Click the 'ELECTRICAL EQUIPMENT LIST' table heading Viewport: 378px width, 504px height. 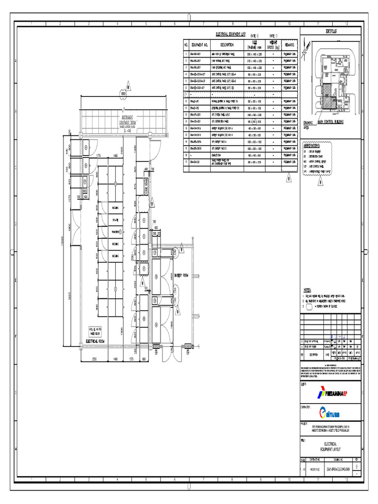[x=231, y=35]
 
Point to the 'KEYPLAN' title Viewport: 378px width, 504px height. [x=330, y=31]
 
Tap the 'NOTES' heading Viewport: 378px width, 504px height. [x=307, y=290]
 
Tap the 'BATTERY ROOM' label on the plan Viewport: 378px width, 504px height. [x=179, y=276]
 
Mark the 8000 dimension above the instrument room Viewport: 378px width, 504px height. [x=124, y=93]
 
